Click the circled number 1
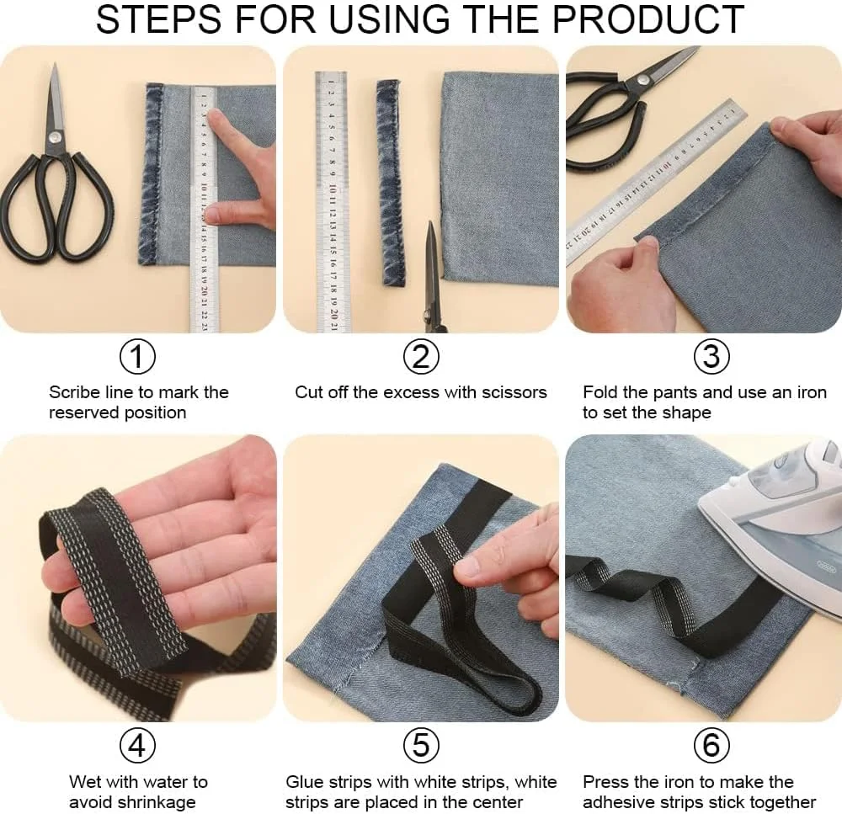point(137,357)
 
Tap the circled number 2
point(421,357)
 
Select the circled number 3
point(711,357)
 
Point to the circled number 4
point(137,745)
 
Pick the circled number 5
point(421,745)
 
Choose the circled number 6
point(711,745)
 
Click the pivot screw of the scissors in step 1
point(54,138)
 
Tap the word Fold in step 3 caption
point(600,392)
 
